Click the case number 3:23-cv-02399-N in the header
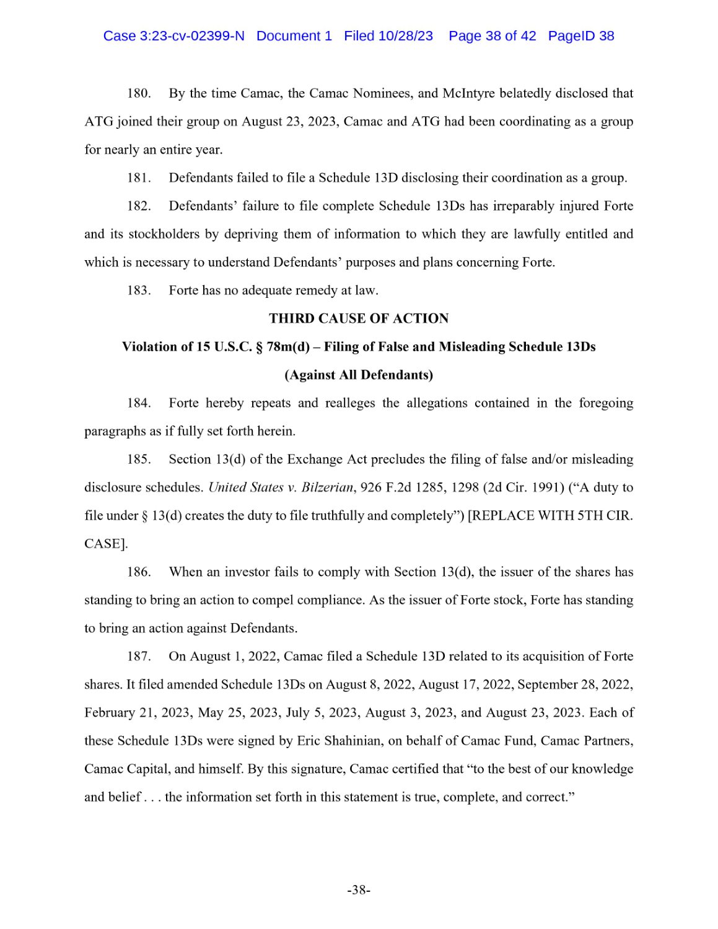pyautogui.click(x=191, y=36)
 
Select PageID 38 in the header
pyautogui.click(x=580, y=36)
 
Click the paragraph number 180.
pyautogui.click(x=139, y=94)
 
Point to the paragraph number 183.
pyautogui.click(x=139, y=290)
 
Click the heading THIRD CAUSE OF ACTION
pyautogui.click(x=359, y=318)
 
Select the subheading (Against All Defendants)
pyautogui.click(x=359, y=375)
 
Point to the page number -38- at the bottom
pyautogui.click(x=359, y=890)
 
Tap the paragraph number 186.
pyautogui.click(x=139, y=572)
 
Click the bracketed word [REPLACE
pyautogui.click(x=499, y=516)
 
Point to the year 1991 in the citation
pyautogui.click(x=547, y=487)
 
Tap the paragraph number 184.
pyautogui.click(x=139, y=403)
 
